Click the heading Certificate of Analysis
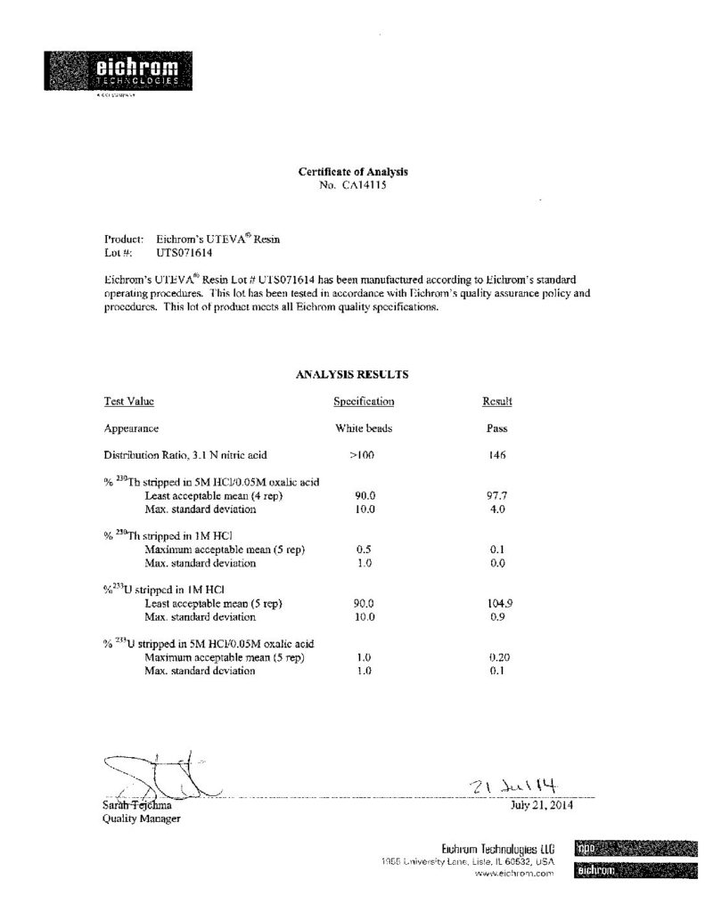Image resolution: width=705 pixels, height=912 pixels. coord(352,172)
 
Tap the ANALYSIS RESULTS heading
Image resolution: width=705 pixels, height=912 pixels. coord(352,375)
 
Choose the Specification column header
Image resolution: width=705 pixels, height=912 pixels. coord(364,402)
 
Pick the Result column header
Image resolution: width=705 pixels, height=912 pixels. coord(496,402)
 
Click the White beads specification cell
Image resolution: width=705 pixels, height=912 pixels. coord(364,428)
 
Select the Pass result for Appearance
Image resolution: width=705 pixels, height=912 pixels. coord(496,428)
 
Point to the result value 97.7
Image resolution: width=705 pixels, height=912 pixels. coord(498,495)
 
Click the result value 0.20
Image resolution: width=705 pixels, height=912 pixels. coord(499,657)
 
